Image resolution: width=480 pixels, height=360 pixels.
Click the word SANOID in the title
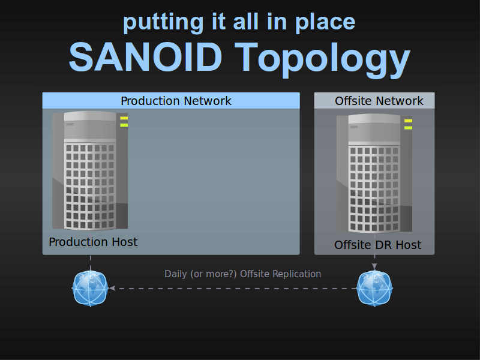click(x=145, y=57)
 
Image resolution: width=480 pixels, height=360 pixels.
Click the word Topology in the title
click(x=322, y=60)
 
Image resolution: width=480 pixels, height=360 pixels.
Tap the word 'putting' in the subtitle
click(x=163, y=23)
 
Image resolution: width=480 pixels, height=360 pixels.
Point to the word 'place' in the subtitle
click(x=325, y=23)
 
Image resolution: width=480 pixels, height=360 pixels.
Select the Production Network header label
click(x=176, y=101)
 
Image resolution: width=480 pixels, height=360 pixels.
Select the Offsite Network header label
click(x=379, y=101)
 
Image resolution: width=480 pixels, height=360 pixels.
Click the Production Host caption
click(x=93, y=242)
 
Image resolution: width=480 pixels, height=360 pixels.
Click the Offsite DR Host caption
click(x=378, y=245)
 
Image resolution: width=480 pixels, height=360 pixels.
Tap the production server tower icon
click(x=90, y=171)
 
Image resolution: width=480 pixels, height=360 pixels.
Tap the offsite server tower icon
click(x=374, y=173)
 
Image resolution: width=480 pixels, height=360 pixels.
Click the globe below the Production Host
click(x=90, y=288)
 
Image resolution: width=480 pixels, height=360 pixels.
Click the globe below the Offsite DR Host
click(x=374, y=288)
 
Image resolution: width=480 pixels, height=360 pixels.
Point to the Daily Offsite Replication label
click(x=243, y=274)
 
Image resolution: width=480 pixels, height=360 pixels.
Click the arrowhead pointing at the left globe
click(x=112, y=288)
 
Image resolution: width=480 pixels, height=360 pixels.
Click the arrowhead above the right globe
click(x=374, y=266)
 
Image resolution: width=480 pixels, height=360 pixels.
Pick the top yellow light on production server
click(x=124, y=118)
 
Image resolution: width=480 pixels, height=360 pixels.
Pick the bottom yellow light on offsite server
click(x=408, y=128)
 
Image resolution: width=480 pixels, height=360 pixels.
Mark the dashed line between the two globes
click(x=233, y=289)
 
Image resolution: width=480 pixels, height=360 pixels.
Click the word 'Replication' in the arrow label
click(x=296, y=274)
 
